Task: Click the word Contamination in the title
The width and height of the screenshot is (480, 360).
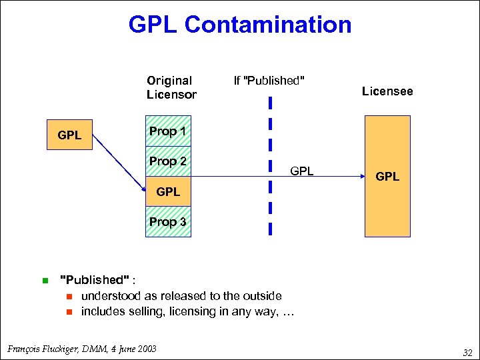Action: (x=268, y=25)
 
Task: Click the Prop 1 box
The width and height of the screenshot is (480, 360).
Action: (x=168, y=132)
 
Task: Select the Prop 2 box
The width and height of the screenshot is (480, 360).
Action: (x=168, y=162)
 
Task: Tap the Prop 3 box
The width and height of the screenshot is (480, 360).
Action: (x=168, y=222)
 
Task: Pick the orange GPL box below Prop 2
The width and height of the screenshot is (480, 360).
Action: (x=168, y=192)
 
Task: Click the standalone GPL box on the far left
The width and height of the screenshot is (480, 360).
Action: (x=69, y=135)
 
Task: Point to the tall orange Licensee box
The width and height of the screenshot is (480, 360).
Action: (x=387, y=200)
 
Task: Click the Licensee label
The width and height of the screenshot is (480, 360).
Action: (x=387, y=91)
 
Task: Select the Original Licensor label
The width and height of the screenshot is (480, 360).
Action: (x=171, y=87)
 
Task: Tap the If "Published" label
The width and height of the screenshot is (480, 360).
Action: (x=269, y=81)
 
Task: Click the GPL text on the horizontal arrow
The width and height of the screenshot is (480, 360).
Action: (x=301, y=171)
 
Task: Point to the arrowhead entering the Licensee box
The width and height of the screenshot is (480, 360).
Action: (x=360, y=177)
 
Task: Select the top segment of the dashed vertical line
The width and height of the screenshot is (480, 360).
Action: (x=271, y=103)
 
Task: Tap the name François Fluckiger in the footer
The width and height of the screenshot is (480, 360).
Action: (x=41, y=348)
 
